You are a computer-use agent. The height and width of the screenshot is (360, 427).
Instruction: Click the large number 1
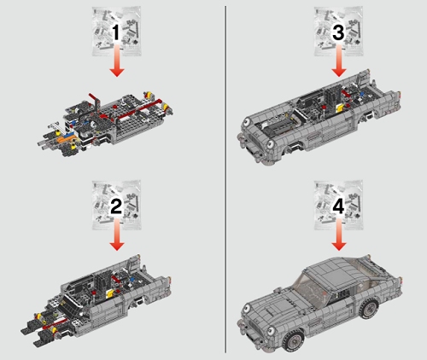[x=116, y=32]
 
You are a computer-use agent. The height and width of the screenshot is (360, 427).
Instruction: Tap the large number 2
[x=116, y=206]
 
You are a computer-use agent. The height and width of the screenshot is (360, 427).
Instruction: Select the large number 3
[x=338, y=32]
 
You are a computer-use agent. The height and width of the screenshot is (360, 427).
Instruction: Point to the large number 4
[x=338, y=206]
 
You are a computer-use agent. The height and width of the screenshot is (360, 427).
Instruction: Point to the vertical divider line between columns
[x=226, y=179]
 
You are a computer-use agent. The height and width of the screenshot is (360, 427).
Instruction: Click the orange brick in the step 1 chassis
[x=66, y=139]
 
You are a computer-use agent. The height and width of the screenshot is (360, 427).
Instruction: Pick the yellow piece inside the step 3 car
[x=340, y=107]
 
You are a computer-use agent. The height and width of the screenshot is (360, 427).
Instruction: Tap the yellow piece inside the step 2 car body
[x=110, y=294]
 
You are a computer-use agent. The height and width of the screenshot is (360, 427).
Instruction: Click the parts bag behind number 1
[x=117, y=32]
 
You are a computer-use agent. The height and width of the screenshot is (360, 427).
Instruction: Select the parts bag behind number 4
[x=339, y=206]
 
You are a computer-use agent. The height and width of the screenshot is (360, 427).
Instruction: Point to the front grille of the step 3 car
[x=255, y=140]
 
